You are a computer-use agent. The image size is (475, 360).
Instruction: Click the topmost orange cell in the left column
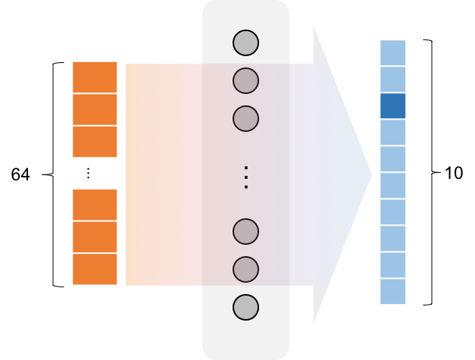click(x=95, y=77)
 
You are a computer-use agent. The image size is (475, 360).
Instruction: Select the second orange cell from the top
click(x=95, y=110)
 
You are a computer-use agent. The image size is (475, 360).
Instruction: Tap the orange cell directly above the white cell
click(x=95, y=142)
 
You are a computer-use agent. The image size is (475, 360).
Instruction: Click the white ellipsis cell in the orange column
click(x=95, y=174)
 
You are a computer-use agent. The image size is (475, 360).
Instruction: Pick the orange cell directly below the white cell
click(x=95, y=205)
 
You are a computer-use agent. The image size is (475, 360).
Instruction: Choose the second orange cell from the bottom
click(x=95, y=237)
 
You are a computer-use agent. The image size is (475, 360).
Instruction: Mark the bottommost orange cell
click(x=95, y=269)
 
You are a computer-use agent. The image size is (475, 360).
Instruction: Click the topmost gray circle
click(x=245, y=42)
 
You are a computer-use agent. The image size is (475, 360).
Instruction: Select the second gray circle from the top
click(x=245, y=80)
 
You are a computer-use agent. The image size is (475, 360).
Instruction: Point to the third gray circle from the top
click(x=245, y=118)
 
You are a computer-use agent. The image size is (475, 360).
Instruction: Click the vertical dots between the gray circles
click(x=245, y=177)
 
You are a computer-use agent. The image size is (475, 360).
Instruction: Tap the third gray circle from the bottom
click(x=245, y=231)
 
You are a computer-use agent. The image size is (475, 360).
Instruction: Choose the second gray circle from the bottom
click(x=245, y=269)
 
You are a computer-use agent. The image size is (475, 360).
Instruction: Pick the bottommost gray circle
click(x=245, y=307)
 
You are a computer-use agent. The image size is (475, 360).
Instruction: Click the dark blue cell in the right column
click(x=393, y=106)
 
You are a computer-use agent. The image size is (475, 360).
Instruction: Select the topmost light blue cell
click(x=393, y=53)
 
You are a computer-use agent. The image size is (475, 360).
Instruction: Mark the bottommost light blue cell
click(x=393, y=292)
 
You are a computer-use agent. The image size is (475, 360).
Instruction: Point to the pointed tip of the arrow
click(x=370, y=175)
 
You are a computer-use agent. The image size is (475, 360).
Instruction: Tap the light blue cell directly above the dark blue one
click(x=393, y=80)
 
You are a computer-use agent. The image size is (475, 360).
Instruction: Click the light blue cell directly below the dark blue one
click(x=393, y=133)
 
